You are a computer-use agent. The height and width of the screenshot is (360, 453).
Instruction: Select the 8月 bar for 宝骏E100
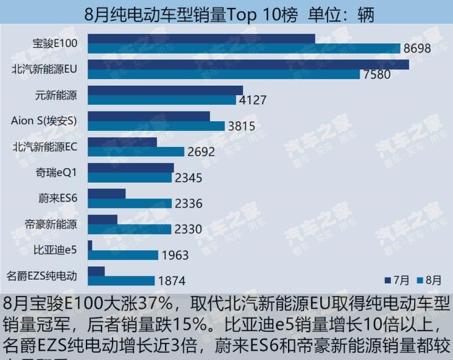[x=244, y=49]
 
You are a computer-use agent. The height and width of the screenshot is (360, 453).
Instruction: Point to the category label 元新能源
[x=57, y=95]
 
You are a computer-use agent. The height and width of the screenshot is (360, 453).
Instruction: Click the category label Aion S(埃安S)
[x=44, y=121]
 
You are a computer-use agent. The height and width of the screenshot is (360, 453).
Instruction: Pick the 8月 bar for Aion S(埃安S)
[x=156, y=126]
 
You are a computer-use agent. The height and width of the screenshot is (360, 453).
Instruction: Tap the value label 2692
[x=201, y=152]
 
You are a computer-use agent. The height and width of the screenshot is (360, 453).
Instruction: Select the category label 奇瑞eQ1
[x=57, y=172]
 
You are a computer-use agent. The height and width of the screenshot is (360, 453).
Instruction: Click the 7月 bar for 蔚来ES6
[x=107, y=194]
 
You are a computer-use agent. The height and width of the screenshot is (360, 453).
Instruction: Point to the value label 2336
[x=188, y=204]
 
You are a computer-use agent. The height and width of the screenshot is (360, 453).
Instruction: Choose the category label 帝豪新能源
[x=52, y=224]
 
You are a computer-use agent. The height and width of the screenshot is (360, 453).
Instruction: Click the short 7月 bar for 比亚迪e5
[x=90, y=245]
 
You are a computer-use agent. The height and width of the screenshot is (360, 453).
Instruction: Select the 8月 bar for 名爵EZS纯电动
[x=121, y=281]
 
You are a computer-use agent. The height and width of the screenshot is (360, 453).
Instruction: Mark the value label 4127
[x=252, y=101]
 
